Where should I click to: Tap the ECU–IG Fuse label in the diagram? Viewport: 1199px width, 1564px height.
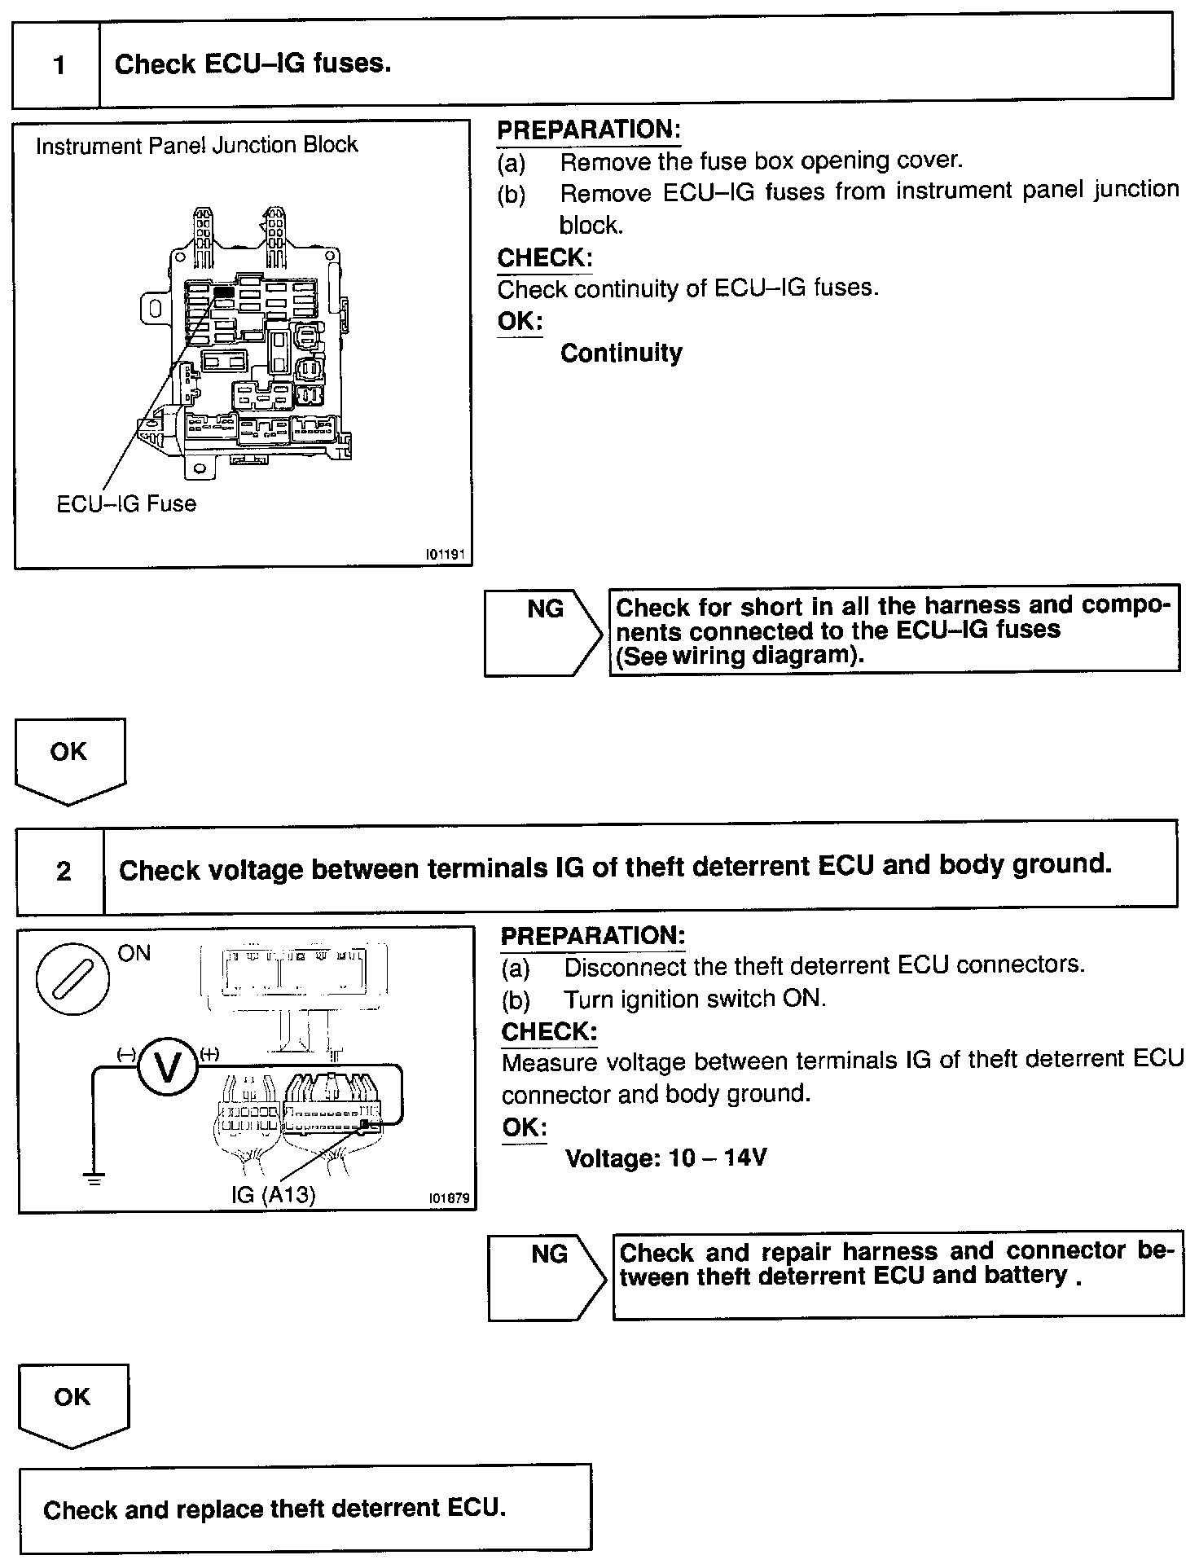[x=126, y=503]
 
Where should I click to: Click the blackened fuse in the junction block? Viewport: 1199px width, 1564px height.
[x=224, y=291]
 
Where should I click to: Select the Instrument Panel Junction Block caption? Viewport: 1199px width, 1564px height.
[x=196, y=146]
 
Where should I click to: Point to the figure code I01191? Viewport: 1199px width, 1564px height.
[x=445, y=555]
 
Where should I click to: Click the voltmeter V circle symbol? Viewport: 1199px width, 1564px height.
[x=168, y=1069]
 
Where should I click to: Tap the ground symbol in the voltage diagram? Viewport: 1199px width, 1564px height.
[x=94, y=1178]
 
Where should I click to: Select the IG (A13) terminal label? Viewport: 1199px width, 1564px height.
[x=273, y=1194]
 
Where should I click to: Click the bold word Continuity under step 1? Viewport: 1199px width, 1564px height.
[x=621, y=353]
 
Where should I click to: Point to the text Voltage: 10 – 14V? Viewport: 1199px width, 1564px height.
[x=665, y=1158]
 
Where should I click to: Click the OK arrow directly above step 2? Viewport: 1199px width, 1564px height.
[x=69, y=758]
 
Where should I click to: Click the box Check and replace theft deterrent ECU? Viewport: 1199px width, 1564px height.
[x=305, y=1508]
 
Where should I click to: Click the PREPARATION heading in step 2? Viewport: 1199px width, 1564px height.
[x=592, y=936]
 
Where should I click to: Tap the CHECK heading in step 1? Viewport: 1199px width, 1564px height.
[x=544, y=258]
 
